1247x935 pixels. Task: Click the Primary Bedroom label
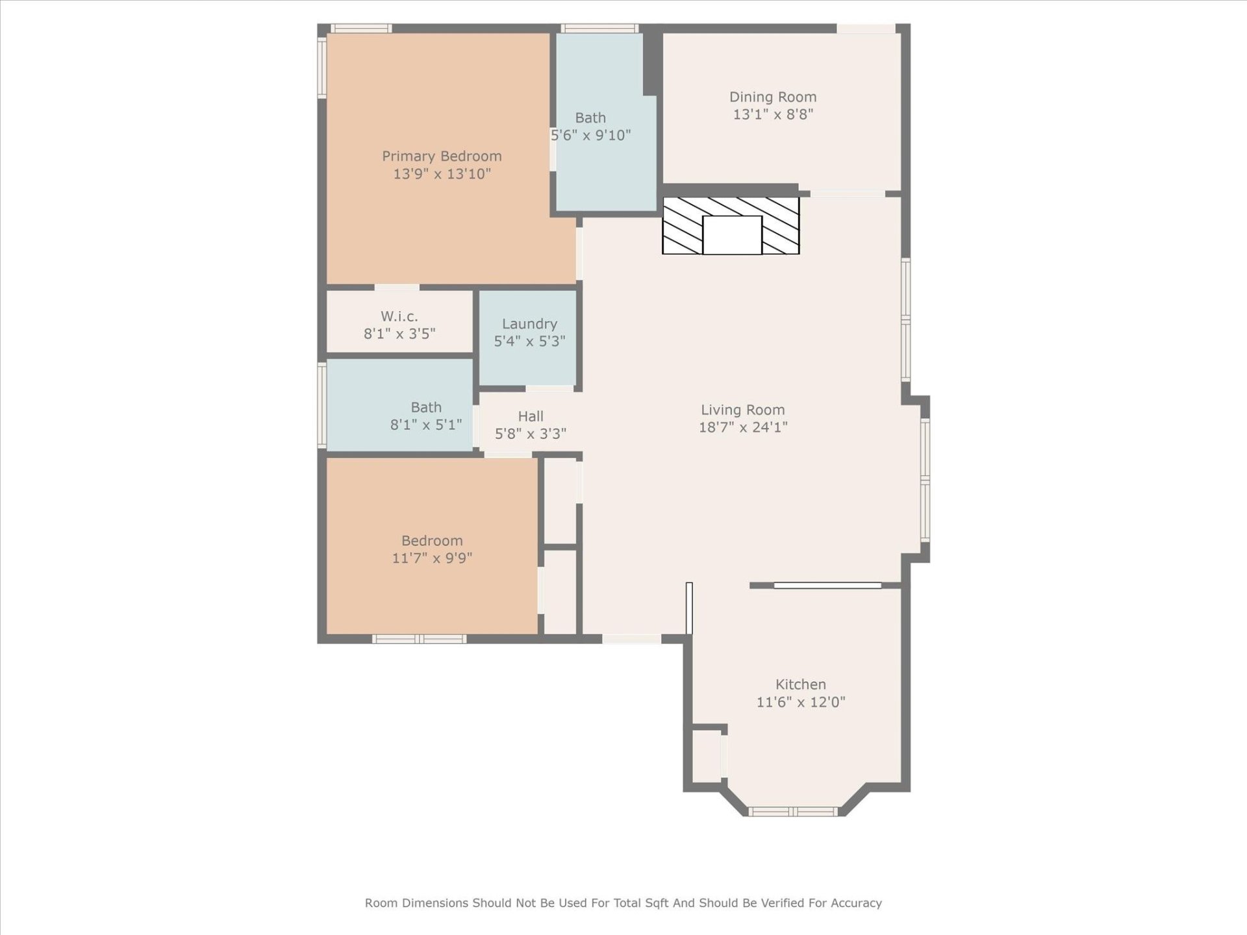pyautogui.click(x=442, y=156)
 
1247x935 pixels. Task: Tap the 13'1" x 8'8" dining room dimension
pyautogui.click(x=773, y=114)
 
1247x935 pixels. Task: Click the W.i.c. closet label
pyautogui.click(x=399, y=316)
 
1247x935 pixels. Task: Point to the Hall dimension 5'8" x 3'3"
pyautogui.click(x=531, y=434)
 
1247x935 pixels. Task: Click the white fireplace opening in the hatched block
pyautogui.click(x=732, y=235)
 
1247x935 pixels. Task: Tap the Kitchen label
pyautogui.click(x=800, y=684)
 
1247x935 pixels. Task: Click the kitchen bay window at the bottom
pyautogui.click(x=792, y=811)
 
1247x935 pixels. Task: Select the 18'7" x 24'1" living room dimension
pyautogui.click(x=743, y=427)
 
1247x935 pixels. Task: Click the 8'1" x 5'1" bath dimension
pyautogui.click(x=425, y=425)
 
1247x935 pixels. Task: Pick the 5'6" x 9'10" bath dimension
pyautogui.click(x=590, y=136)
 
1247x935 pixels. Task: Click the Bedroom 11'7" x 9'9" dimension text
pyautogui.click(x=432, y=558)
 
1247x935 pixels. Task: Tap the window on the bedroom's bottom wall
pyautogui.click(x=419, y=639)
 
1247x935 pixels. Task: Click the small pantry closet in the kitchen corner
pyautogui.click(x=707, y=756)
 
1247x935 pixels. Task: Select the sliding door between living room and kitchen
pyautogui.click(x=827, y=586)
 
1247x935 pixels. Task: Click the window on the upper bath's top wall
pyautogui.click(x=599, y=28)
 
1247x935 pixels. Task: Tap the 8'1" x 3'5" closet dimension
pyautogui.click(x=399, y=334)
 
